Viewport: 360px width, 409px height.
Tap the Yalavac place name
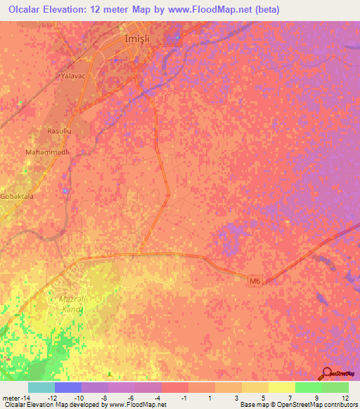[x=73, y=74]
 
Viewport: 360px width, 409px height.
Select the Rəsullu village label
[x=58, y=131]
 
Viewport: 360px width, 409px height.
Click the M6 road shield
[x=256, y=280]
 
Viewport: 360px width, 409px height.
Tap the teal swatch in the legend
[x=41, y=387]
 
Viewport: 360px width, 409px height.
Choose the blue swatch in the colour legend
[x=68, y=387]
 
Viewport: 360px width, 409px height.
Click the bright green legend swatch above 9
[x=309, y=387]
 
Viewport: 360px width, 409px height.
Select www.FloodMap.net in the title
[x=235, y=9]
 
